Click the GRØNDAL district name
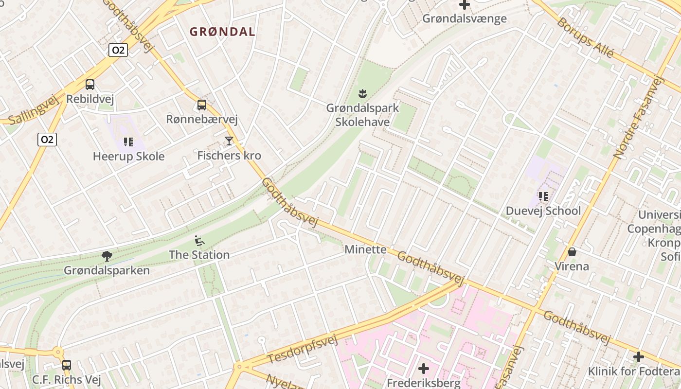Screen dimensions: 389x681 pyautogui.click(x=222, y=32)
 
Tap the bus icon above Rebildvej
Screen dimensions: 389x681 pyautogui.click(x=90, y=85)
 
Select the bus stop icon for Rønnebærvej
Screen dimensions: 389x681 pyautogui.click(x=202, y=105)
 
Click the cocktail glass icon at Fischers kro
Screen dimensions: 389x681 pyautogui.click(x=229, y=141)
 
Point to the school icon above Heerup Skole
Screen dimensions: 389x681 pyautogui.click(x=128, y=142)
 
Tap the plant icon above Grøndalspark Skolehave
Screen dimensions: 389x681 pyautogui.click(x=362, y=93)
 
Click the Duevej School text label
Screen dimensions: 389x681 pyautogui.click(x=543, y=211)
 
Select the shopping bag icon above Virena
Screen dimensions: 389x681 pyautogui.click(x=572, y=252)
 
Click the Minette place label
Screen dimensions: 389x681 pyautogui.click(x=365, y=249)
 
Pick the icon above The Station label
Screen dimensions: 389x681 pyautogui.click(x=199, y=240)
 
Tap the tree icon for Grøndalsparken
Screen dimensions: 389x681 pyautogui.click(x=107, y=256)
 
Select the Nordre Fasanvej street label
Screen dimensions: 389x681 pyautogui.click(x=638, y=117)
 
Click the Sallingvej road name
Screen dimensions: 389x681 pyautogui.click(x=33, y=110)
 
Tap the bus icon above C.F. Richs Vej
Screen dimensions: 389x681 pyautogui.click(x=67, y=365)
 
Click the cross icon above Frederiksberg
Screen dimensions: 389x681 pyautogui.click(x=424, y=369)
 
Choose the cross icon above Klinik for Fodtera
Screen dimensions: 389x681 pyautogui.click(x=638, y=357)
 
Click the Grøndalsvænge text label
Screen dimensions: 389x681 pyautogui.click(x=464, y=18)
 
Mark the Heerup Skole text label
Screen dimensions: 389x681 pyautogui.click(x=128, y=157)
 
